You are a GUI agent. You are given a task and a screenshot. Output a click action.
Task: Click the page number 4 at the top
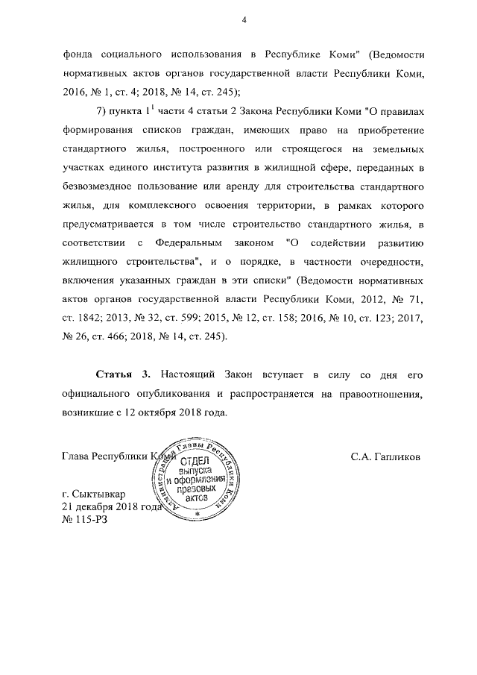(x=244, y=20)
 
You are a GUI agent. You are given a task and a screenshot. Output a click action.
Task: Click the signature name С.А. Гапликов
(x=385, y=457)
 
